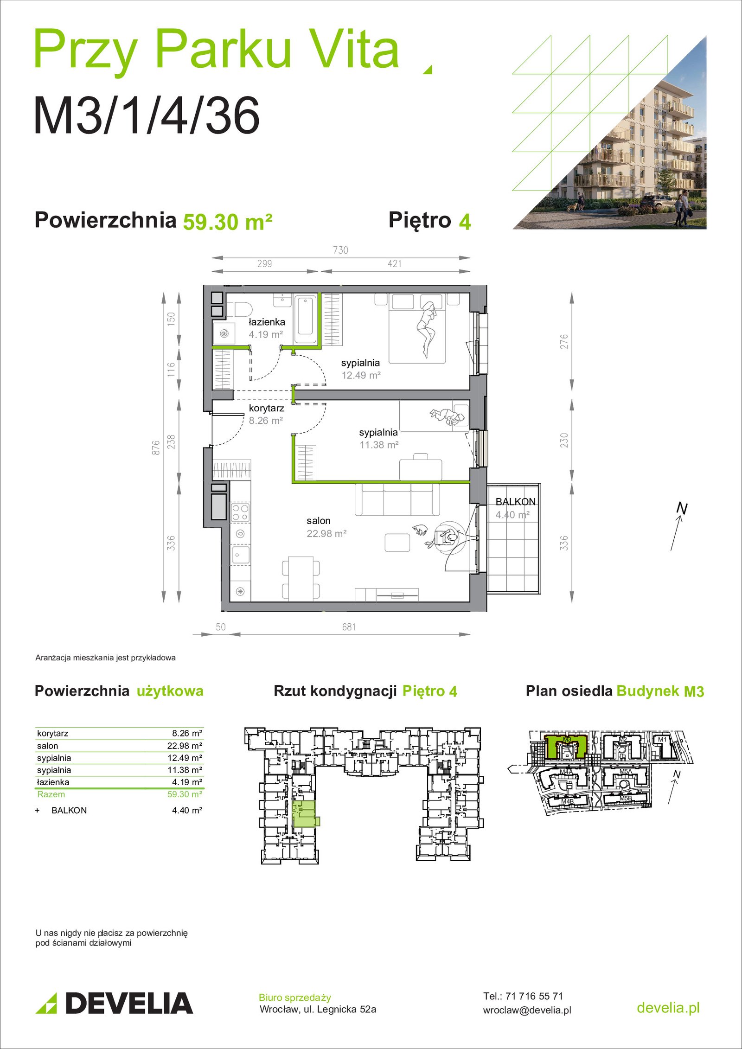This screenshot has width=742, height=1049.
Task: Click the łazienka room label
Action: (267, 322)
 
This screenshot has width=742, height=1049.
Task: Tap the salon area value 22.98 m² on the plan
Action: (326, 534)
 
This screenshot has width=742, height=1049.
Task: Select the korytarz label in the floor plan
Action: (266, 408)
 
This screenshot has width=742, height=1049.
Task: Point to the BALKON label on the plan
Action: (515, 502)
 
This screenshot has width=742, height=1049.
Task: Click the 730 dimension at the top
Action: (340, 250)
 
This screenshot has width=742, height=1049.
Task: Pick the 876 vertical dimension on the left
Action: (156, 448)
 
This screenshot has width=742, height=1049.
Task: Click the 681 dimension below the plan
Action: (349, 627)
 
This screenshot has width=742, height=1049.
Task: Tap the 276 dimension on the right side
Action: (564, 341)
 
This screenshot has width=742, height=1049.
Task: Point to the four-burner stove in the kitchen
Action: (240, 513)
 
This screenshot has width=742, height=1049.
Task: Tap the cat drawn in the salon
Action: (419, 530)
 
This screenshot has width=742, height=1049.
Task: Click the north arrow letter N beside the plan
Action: (681, 508)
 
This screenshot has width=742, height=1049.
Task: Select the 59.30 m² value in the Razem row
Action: (185, 794)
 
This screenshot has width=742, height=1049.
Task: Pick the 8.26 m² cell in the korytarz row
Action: (187, 733)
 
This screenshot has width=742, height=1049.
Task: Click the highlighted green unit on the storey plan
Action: (305, 813)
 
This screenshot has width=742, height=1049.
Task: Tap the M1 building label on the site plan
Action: (662, 739)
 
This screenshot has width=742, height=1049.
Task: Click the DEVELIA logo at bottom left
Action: (114, 1003)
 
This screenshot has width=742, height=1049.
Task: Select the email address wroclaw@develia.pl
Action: (527, 1010)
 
